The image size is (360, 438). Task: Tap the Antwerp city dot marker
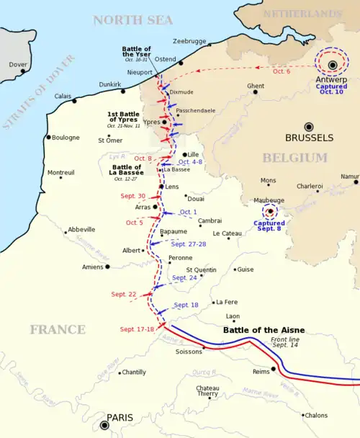point(333,66)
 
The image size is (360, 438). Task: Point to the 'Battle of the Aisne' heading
point(264,330)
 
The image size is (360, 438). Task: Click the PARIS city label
point(121,417)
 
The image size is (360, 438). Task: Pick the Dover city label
point(18,64)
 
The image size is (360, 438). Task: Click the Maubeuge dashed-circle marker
point(270,211)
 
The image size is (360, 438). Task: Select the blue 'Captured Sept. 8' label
point(270,227)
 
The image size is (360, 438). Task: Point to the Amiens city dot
point(107,267)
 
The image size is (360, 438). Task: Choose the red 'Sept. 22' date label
point(124,294)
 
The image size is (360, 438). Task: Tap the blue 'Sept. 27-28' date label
point(189,244)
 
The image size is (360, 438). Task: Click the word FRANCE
point(58,330)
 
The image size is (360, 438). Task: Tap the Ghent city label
point(256,86)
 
